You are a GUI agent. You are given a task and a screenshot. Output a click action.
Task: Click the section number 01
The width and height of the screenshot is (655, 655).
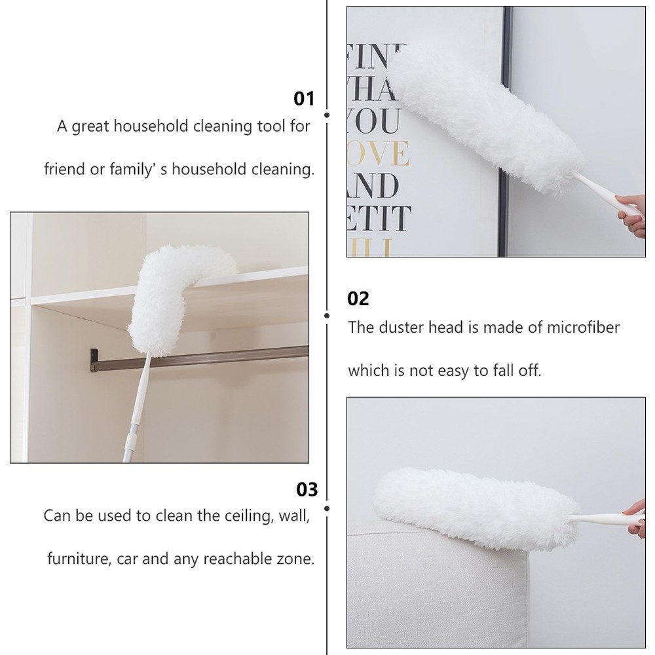[303, 99]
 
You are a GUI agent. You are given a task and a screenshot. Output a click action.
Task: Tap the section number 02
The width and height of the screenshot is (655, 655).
[358, 299]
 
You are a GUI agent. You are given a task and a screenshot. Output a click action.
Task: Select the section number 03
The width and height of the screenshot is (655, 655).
[307, 489]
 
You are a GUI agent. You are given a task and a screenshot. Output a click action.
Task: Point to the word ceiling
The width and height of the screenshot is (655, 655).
[235, 515]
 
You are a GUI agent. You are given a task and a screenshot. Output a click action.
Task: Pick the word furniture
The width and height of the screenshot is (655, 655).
[77, 559]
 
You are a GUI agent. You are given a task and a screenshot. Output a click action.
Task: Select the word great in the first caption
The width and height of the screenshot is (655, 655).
[90, 126]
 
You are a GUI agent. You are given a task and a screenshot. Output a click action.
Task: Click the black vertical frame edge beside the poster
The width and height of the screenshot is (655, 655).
[504, 131]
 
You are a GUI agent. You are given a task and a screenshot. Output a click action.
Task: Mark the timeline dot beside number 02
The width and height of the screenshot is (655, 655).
[327, 315]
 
